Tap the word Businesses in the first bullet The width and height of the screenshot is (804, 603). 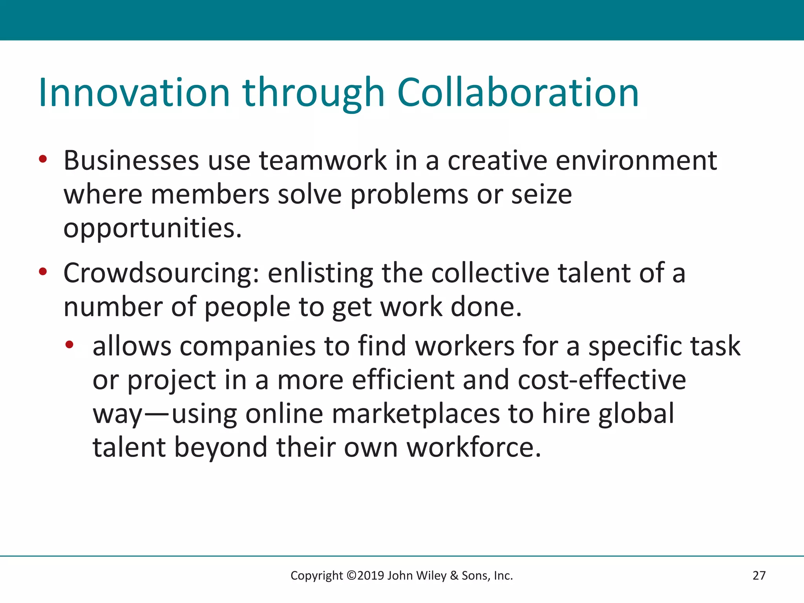[131, 161]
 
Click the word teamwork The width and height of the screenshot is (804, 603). [323, 161]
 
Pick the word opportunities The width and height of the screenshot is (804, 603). [152, 229]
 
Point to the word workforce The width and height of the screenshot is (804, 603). [473, 448]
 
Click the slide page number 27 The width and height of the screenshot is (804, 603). [759, 576]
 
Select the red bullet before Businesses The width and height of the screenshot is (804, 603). [43, 159]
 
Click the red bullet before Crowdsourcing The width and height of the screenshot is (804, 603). [43, 272]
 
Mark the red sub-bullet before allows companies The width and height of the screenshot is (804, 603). [69, 345]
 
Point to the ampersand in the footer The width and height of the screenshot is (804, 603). [454, 576]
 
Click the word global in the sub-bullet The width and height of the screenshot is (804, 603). [636, 414]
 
